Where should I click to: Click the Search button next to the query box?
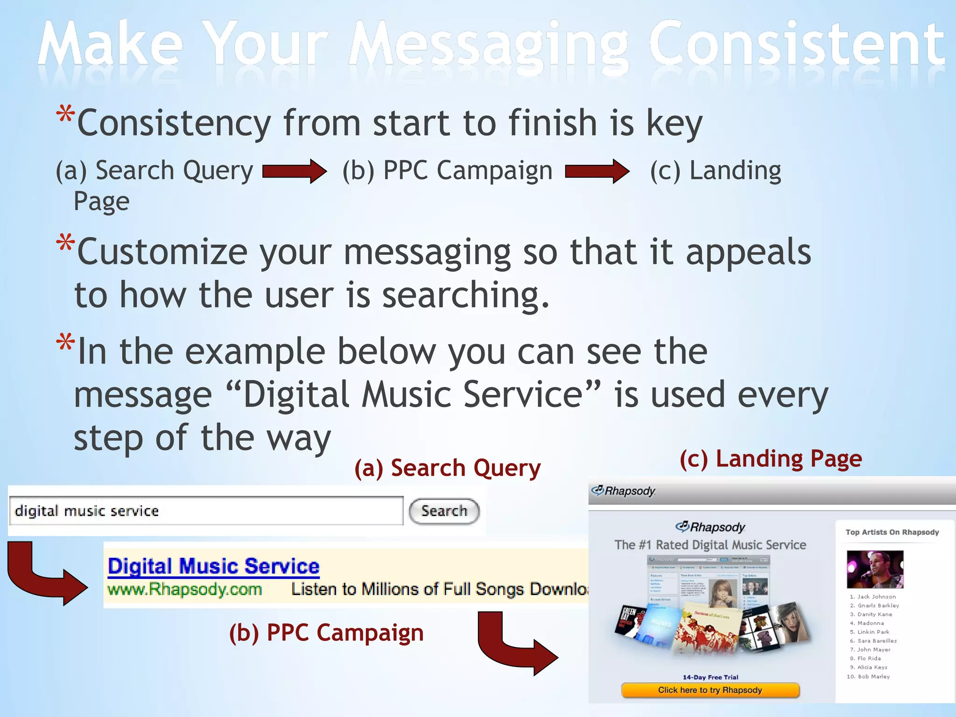point(444,511)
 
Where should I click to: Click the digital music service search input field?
point(205,511)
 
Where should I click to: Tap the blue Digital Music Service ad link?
point(213,566)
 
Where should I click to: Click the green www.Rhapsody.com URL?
point(184,589)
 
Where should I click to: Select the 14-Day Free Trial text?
point(710,677)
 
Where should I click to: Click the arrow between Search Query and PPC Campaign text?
point(295,171)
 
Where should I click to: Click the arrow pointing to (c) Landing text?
point(597,171)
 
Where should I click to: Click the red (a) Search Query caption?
point(447,468)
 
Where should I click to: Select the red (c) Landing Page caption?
point(770,458)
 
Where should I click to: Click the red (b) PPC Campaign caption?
point(326,633)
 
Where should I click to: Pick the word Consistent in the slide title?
point(796,44)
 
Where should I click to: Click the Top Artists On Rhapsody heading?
point(892,532)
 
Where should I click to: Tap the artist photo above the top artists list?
point(875,569)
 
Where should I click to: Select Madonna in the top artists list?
point(870,623)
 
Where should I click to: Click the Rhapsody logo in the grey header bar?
point(624,491)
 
